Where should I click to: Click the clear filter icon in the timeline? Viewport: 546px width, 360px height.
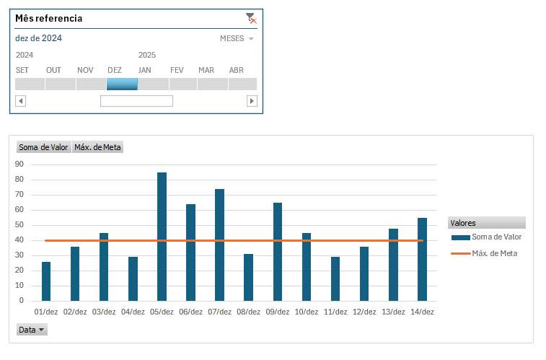(250, 18)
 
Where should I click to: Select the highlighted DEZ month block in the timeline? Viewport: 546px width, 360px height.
(122, 84)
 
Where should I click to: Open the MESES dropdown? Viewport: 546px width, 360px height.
(237, 39)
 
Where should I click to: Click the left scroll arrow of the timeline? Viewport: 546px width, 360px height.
(21, 101)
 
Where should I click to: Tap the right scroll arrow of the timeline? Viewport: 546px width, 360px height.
(252, 101)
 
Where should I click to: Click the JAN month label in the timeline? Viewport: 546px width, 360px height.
(145, 70)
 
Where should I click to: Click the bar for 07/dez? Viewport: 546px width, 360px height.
(219, 245)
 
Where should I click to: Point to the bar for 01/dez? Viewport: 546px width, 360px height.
(46, 281)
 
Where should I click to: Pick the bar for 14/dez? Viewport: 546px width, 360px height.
(422, 259)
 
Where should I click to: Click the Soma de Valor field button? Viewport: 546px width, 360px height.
(43, 147)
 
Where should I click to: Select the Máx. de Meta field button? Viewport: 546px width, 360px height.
(97, 147)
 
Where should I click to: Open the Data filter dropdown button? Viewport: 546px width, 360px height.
(32, 330)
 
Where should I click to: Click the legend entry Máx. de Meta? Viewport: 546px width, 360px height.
(494, 253)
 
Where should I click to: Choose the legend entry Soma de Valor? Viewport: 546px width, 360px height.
(496, 237)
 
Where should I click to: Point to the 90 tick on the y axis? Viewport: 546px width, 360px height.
(19, 164)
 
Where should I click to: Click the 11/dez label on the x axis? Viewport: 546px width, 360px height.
(335, 312)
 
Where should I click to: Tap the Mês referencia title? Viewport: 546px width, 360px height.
(49, 18)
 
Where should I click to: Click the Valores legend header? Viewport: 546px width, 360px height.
(463, 223)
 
